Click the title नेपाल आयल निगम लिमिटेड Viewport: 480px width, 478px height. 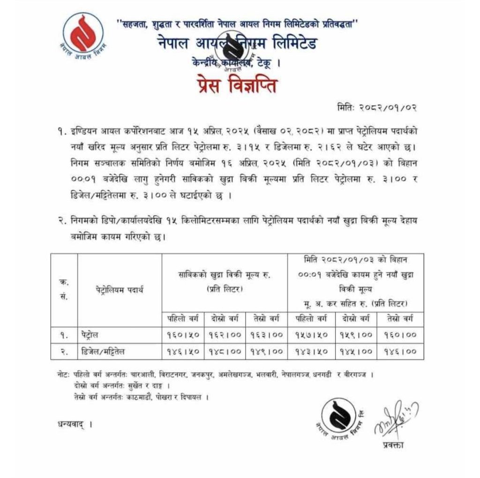[237, 44]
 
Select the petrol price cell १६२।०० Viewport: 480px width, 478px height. [225, 335]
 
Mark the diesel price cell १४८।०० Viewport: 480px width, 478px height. [225, 350]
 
